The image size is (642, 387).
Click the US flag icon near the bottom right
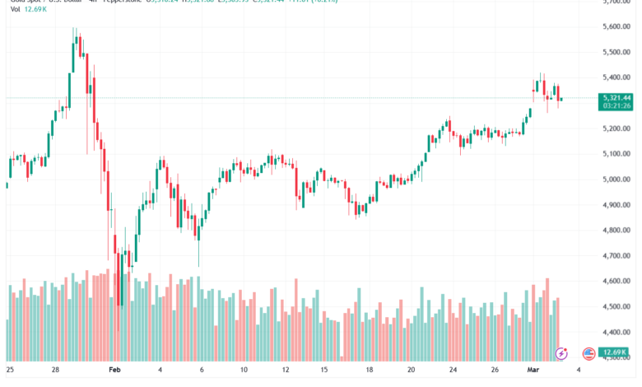pos(588,353)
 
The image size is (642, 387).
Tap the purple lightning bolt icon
pos(561,353)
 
